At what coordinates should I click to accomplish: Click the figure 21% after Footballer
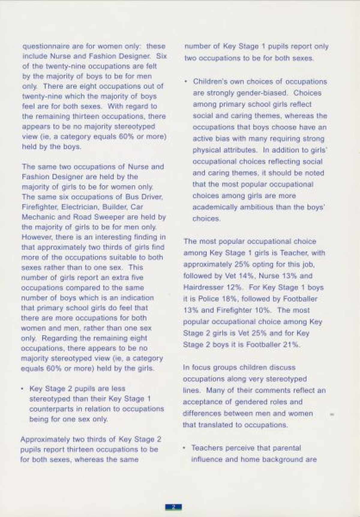coord(291,345)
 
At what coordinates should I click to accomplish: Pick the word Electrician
coord(80,207)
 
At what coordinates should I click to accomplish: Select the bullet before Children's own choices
coord(186,82)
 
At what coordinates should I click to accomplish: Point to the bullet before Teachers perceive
coord(184,448)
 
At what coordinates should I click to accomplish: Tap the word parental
coord(287,448)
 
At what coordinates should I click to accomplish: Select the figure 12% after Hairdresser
coord(235,287)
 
